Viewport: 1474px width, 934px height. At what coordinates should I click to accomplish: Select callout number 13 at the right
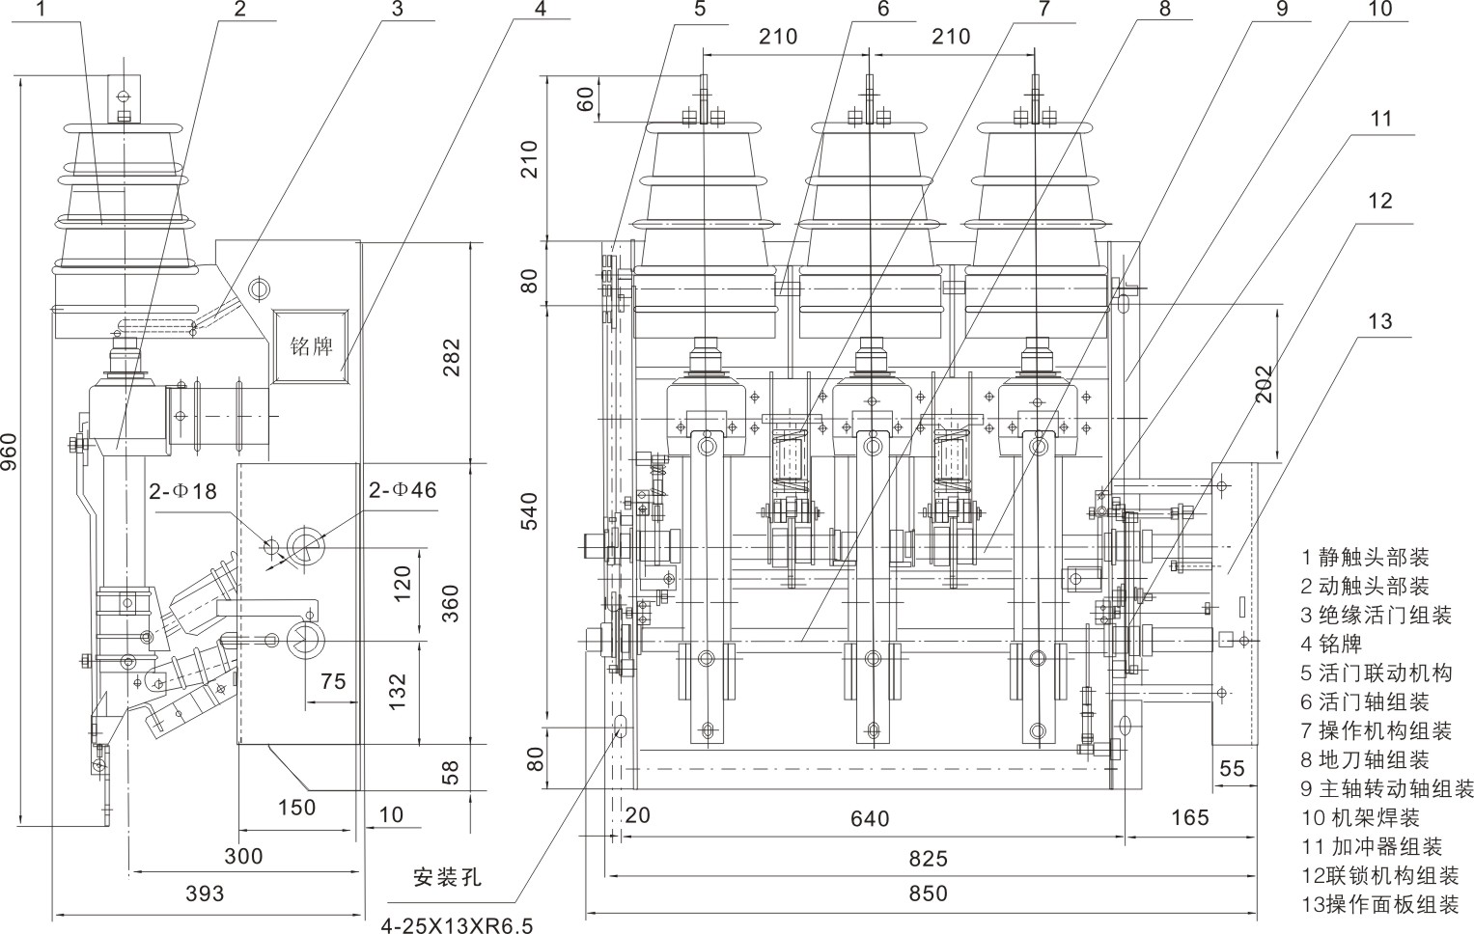pyautogui.click(x=1381, y=320)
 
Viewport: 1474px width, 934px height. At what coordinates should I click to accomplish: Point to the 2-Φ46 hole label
pyautogui.click(x=402, y=489)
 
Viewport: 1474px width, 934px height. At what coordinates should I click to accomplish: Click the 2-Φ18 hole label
pyautogui.click(x=182, y=490)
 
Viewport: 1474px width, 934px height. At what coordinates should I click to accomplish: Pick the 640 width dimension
pyautogui.click(x=870, y=818)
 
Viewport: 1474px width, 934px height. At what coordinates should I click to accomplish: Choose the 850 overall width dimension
pyautogui.click(x=928, y=893)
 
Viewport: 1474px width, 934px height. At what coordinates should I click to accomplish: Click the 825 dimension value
pyautogui.click(x=928, y=858)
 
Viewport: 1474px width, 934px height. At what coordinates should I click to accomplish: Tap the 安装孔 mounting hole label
pyautogui.click(x=446, y=878)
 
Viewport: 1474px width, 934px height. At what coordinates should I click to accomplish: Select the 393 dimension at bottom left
pyautogui.click(x=204, y=893)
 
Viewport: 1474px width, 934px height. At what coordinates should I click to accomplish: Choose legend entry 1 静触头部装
pyautogui.click(x=1365, y=557)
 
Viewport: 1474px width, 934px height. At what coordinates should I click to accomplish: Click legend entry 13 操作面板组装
pyautogui.click(x=1379, y=904)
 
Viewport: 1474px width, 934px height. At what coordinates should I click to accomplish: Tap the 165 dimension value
pyautogui.click(x=1188, y=818)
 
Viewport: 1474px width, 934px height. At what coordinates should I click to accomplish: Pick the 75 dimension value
pyautogui.click(x=332, y=681)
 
